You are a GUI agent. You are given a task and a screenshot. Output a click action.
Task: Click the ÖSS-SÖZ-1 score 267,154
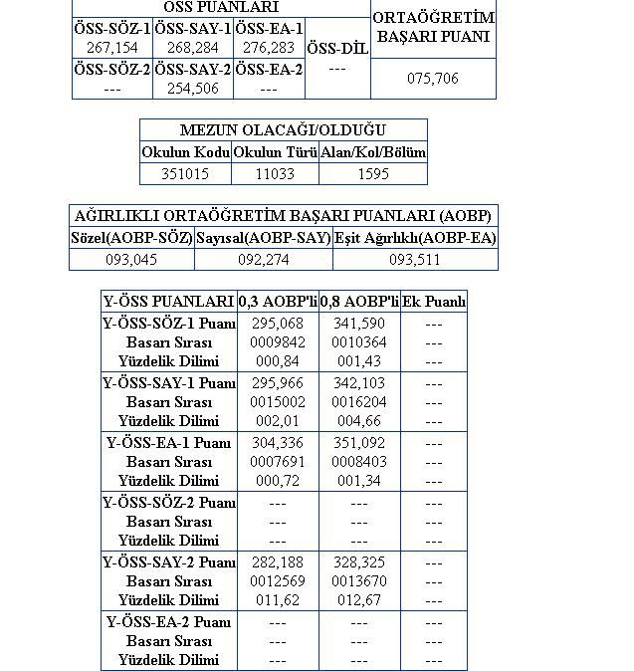[x=112, y=48]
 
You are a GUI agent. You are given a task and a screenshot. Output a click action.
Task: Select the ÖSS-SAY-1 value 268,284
[x=193, y=48]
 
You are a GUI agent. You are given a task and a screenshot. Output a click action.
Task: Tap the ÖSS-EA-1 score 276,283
[x=269, y=48]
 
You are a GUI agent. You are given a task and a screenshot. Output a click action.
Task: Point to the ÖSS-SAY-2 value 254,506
[x=193, y=89]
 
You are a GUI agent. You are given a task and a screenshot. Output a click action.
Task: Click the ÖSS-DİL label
[x=336, y=48]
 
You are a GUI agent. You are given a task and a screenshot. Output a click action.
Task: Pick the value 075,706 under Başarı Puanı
[x=433, y=78]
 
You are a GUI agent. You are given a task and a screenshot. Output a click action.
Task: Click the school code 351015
[x=185, y=173]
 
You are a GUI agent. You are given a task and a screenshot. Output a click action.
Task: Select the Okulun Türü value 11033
[x=275, y=173]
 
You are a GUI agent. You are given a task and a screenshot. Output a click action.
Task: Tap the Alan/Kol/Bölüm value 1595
[x=373, y=173]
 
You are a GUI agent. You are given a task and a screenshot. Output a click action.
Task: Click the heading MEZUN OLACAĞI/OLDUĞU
[x=283, y=130]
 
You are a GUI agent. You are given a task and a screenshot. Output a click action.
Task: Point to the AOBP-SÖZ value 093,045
[x=131, y=260]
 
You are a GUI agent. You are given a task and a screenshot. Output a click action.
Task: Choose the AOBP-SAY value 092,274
[x=264, y=260]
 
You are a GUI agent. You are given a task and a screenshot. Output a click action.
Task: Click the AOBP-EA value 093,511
[x=415, y=260]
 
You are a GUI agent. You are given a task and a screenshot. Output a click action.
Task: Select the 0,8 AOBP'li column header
[x=359, y=302]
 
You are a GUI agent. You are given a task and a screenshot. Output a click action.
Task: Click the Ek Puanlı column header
[x=434, y=302]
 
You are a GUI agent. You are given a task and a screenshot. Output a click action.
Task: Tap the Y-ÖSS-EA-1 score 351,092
[x=360, y=443]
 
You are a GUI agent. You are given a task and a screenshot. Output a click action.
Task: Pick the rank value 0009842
[x=278, y=342]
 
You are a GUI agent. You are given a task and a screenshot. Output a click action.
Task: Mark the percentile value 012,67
[x=360, y=600]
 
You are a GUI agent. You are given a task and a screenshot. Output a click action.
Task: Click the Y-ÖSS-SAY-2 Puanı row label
[x=169, y=562]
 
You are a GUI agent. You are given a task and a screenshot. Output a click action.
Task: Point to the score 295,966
[x=278, y=383]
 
